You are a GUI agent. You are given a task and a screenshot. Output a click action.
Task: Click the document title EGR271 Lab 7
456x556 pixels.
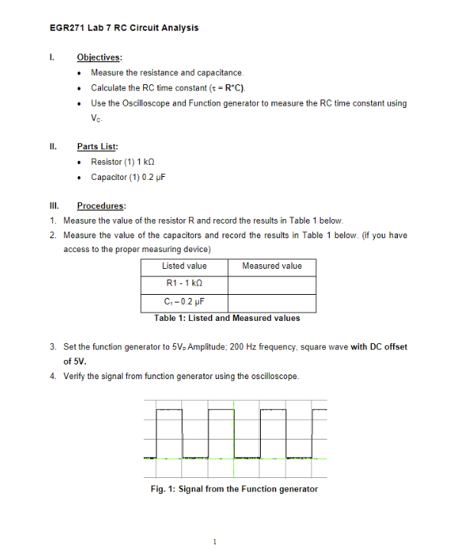pyautogui.click(x=123, y=28)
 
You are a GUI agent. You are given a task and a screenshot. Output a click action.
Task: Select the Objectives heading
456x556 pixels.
pyautogui.click(x=98, y=57)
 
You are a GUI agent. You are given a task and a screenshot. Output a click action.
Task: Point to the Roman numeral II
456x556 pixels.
pyautogui.click(x=51, y=146)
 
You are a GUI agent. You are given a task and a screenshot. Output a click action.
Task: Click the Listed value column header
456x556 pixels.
pyautogui.click(x=184, y=267)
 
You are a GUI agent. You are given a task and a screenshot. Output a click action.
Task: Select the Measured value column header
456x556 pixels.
pyautogui.click(x=272, y=267)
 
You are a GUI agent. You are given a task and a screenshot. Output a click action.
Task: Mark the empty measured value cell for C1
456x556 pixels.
pyautogui.click(x=272, y=304)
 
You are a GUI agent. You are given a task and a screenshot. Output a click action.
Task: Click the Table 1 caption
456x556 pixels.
pyautogui.click(x=227, y=319)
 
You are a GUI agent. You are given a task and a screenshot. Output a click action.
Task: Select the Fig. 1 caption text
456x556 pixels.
pyautogui.click(x=234, y=489)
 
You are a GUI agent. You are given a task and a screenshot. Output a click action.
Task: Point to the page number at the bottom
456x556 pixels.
pyautogui.click(x=215, y=541)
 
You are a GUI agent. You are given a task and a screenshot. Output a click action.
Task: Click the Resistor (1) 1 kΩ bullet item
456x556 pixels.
pyautogui.click(x=129, y=162)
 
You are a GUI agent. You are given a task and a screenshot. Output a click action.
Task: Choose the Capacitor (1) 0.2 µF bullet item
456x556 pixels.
pyautogui.click(x=129, y=177)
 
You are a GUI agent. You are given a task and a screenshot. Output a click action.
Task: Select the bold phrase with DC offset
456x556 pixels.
pyautogui.click(x=379, y=347)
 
